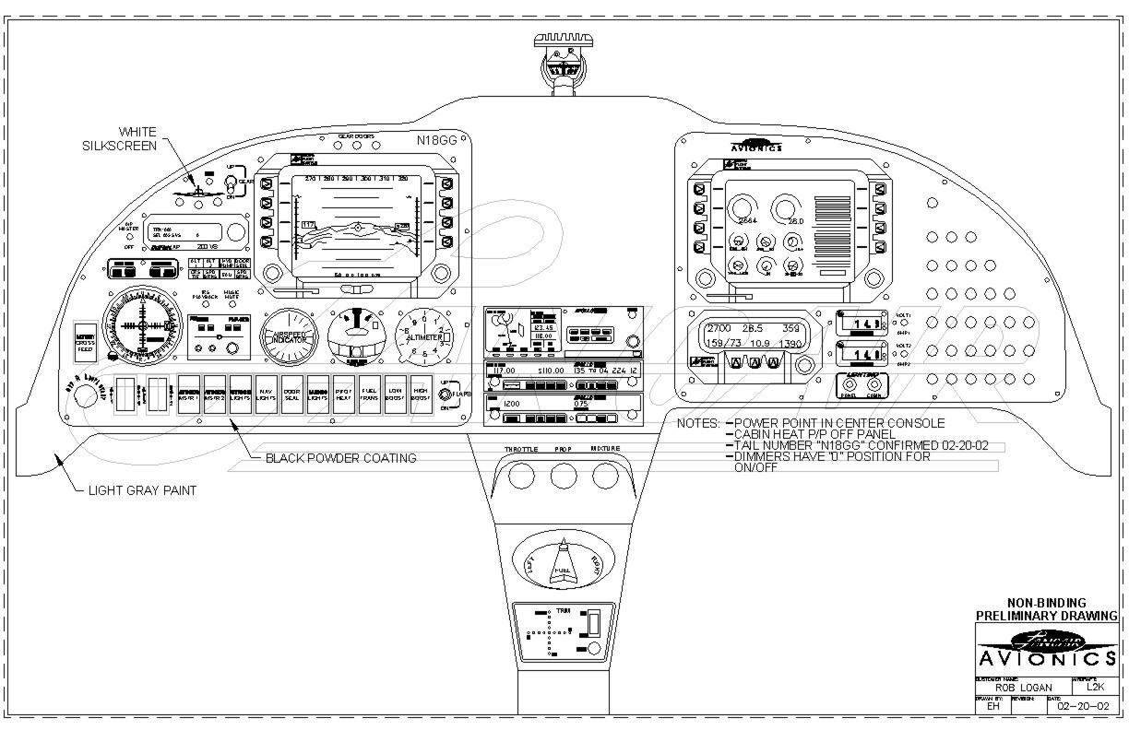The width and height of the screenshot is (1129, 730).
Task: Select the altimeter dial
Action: pyautogui.click(x=424, y=336)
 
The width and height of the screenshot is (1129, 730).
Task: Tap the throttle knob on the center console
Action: pyautogui.click(x=520, y=476)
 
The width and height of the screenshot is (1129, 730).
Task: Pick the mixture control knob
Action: pyautogui.click(x=605, y=476)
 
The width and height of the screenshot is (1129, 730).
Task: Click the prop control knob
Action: pyautogui.click(x=563, y=476)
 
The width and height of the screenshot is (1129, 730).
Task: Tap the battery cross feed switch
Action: pyautogui.click(x=85, y=341)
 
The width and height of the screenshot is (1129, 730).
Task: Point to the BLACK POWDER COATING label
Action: pyautogui.click(x=340, y=458)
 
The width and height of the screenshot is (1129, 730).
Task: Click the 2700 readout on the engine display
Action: pyautogui.click(x=719, y=328)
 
